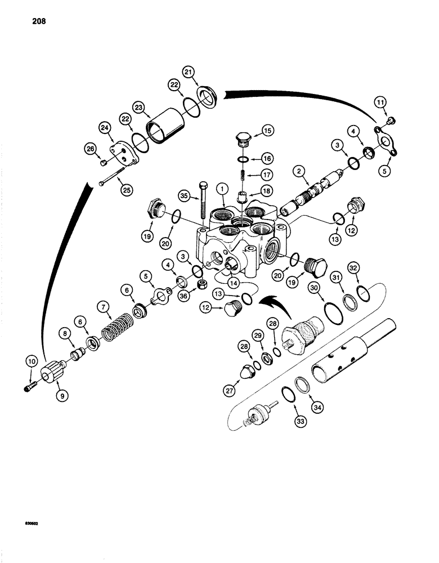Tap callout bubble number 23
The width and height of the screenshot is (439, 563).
pyautogui.click(x=138, y=106)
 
